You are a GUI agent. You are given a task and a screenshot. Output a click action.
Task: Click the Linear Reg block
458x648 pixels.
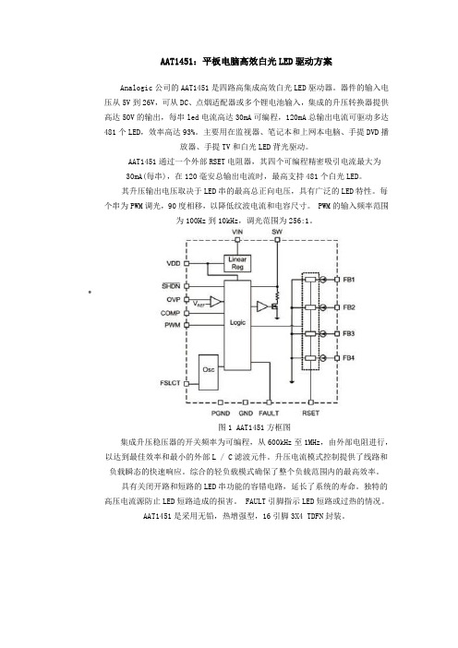[x=237, y=263]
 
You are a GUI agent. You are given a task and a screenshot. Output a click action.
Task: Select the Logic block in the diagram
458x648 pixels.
[x=237, y=325]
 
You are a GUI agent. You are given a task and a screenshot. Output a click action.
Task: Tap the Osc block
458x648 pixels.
[x=209, y=372]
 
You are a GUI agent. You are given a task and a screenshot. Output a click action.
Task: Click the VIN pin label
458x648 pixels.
[x=237, y=232]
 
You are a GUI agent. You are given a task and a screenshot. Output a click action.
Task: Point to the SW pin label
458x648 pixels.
[x=277, y=232]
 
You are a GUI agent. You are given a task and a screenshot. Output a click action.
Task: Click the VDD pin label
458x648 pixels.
[x=174, y=263]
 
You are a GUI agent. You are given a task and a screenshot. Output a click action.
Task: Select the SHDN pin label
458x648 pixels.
[x=171, y=286]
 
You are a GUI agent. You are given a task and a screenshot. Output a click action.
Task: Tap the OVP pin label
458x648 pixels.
[x=174, y=300]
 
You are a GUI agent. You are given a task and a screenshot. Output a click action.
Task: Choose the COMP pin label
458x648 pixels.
[x=170, y=313]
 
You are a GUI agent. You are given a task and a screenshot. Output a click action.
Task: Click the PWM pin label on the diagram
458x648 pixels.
[x=173, y=325]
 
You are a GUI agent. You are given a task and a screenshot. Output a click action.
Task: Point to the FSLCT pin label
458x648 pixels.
[x=170, y=383]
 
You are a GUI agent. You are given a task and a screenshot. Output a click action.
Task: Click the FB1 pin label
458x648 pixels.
[x=349, y=280]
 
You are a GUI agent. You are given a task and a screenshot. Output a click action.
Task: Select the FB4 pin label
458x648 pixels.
[x=349, y=358]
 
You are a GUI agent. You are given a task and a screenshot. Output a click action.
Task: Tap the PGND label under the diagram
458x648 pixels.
[x=221, y=414]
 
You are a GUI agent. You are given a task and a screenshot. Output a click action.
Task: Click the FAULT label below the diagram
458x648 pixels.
[x=269, y=414]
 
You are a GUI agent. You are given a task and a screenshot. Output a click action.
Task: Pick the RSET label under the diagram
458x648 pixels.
[x=310, y=414]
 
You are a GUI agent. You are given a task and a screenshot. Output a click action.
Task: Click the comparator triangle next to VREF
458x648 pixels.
[x=215, y=302]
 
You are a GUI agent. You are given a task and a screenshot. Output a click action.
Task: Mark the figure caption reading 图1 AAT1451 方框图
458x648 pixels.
[x=254, y=427]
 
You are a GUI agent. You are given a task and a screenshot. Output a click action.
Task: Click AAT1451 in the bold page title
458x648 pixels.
[x=176, y=62]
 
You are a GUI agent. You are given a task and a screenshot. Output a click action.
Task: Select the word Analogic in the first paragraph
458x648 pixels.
[x=136, y=88]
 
